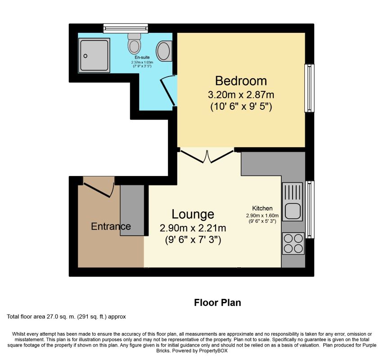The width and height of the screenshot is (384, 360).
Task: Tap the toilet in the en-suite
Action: pos(134,43)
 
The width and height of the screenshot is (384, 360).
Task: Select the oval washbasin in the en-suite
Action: pos(164,50)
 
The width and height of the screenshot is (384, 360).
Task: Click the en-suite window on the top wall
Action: pos(125,28)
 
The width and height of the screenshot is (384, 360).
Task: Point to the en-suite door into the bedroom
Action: pos(168,90)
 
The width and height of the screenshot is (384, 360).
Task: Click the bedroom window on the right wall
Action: pos(309,88)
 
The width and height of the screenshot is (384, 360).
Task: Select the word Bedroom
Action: pos(241,81)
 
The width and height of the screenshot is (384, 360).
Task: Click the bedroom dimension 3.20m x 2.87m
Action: pos(241,95)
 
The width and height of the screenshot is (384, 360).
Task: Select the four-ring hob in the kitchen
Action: pos(293,243)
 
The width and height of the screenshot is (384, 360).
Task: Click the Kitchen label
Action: pos(262,208)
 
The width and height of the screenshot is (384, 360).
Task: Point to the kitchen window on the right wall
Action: pos(310,209)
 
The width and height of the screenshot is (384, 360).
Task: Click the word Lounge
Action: pos(193,214)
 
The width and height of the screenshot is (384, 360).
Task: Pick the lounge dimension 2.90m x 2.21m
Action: pos(193,228)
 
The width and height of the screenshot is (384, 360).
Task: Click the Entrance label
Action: pos(111,226)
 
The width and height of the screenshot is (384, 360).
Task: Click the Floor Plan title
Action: pos(217,302)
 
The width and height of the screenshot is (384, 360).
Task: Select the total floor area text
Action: pos(66,317)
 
